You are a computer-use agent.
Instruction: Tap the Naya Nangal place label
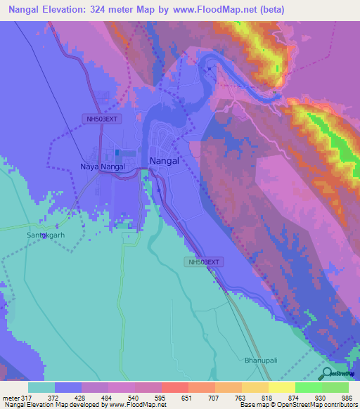pyautogui.click(x=102, y=167)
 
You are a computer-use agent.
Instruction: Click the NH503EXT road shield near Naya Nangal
pyautogui.click(x=101, y=119)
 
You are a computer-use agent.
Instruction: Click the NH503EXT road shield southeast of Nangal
pyautogui.click(x=204, y=262)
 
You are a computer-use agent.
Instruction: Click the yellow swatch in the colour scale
pyautogui.click(x=282, y=387)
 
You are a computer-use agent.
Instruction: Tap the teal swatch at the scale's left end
pyautogui.click(x=41, y=387)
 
